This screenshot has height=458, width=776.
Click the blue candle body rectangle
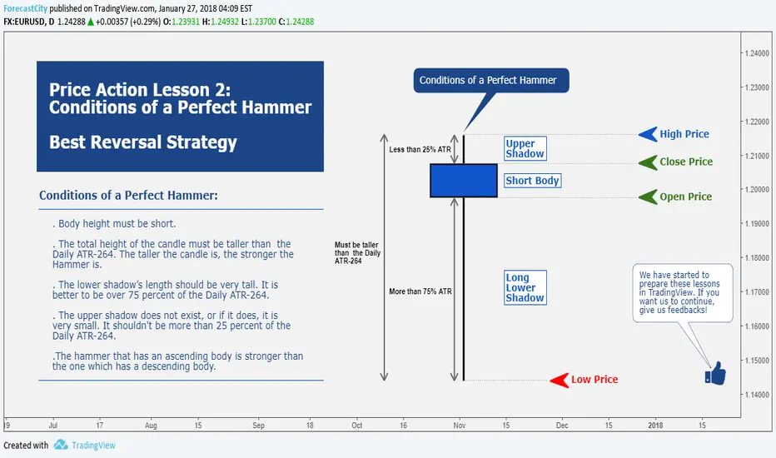tap(464, 181)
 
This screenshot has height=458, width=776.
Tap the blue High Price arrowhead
tap(648, 134)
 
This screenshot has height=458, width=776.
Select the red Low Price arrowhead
tap(560, 381)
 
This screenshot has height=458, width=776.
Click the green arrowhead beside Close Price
tap(648, 162)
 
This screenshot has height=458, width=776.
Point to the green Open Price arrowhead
tap(648, 197)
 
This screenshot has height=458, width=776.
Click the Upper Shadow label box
tap(525, 148)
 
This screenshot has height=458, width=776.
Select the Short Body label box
tap(533, 181)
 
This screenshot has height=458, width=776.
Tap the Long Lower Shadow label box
tap(525, 287)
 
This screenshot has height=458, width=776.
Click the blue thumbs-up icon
tap(715, 373)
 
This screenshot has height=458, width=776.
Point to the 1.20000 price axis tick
tap(757, 190)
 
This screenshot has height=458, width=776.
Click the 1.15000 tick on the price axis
tap(757, 361)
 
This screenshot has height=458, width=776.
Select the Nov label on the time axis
tap(460, 426)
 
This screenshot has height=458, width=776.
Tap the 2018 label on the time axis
tap(655, 426)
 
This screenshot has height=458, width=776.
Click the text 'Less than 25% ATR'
tap(420, 150)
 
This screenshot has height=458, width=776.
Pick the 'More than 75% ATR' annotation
tap(420, 291)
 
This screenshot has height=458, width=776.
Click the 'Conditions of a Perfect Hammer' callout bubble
tap(491, 80)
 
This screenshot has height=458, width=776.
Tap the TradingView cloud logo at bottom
tap(61, 445)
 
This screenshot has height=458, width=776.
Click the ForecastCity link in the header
tap(25, 8)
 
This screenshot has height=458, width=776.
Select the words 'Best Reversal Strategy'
tap(143, 142)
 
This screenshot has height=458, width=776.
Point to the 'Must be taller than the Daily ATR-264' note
tap(357, 253)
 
